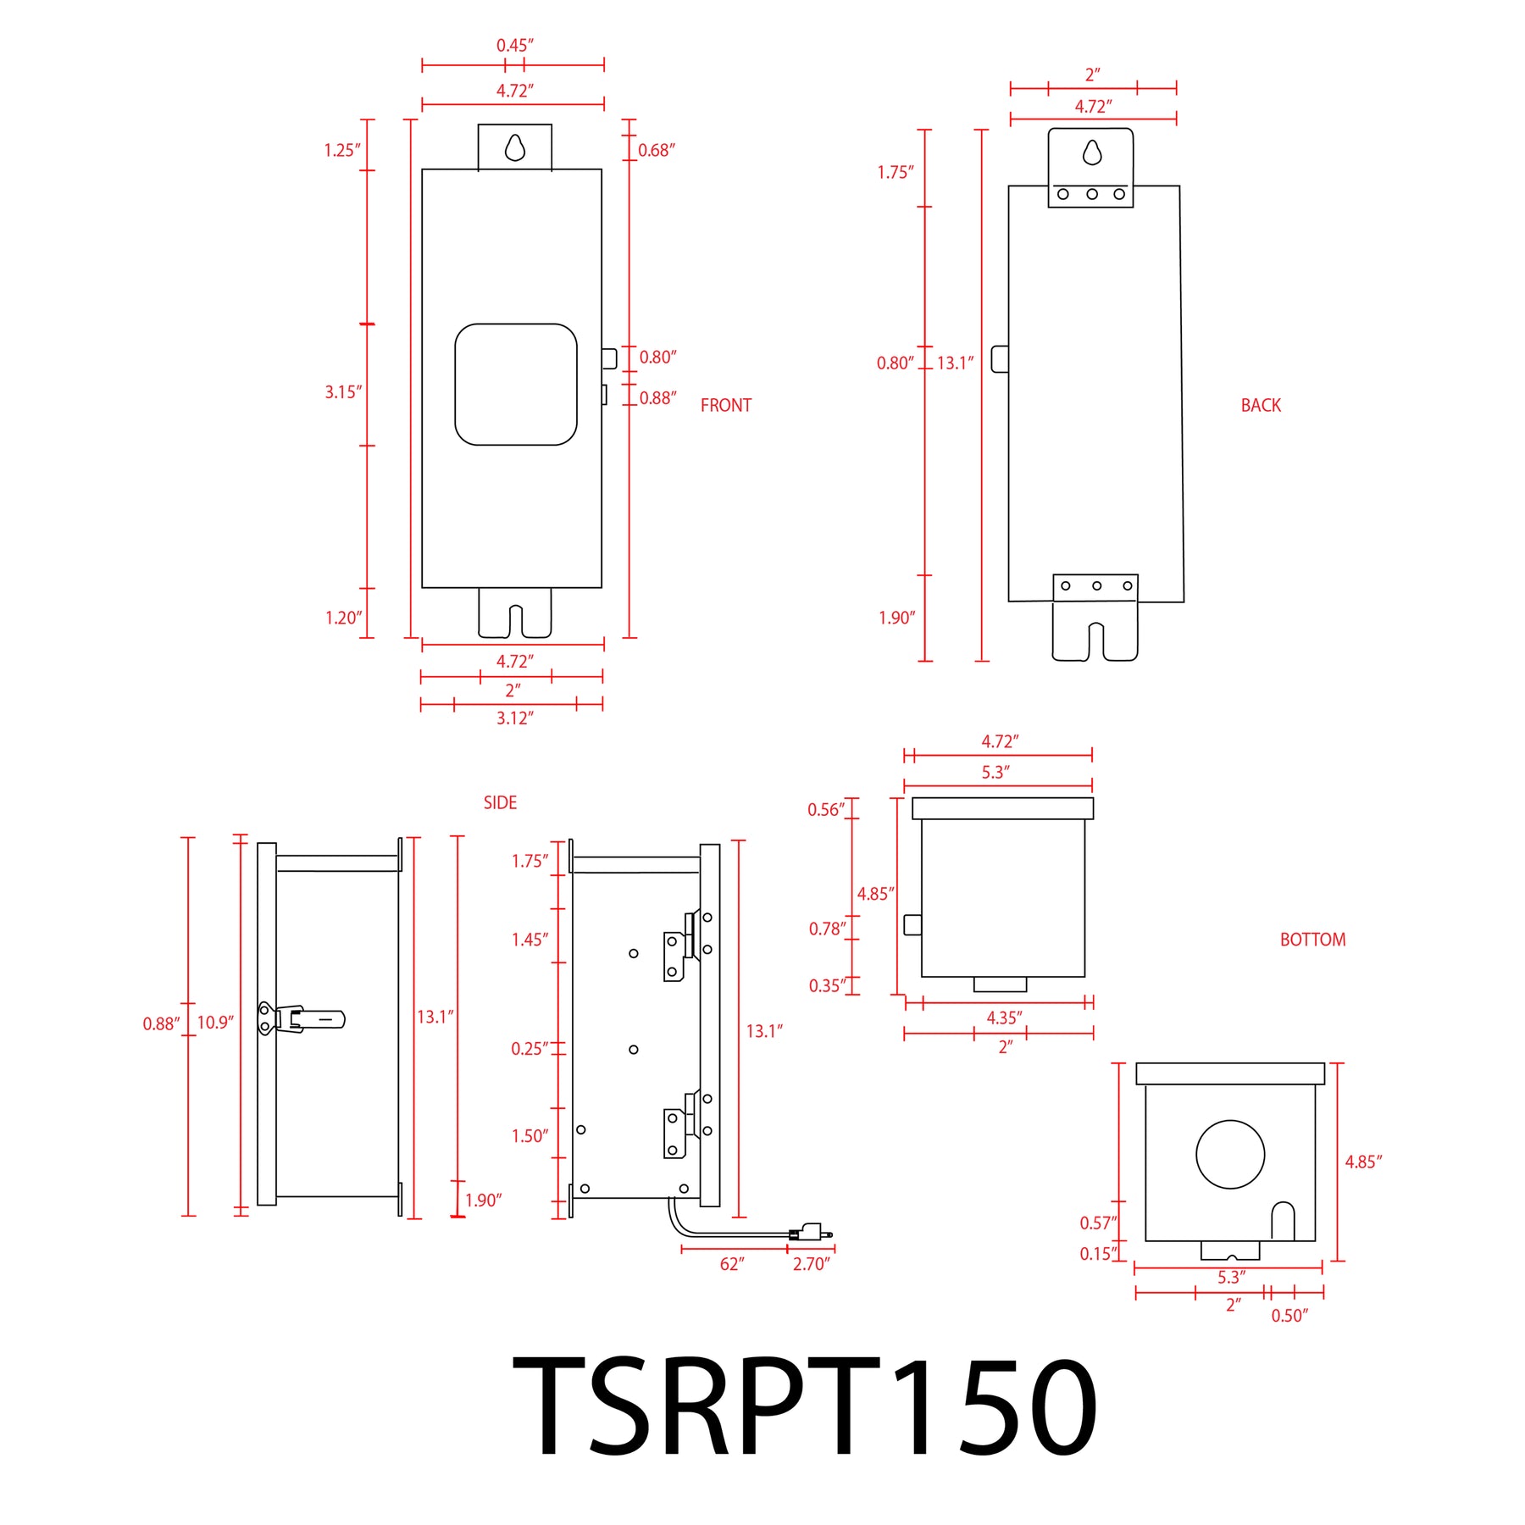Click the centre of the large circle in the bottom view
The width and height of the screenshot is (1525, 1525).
click(x=1230, y=1154)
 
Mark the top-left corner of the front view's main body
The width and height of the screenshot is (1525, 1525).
click(x=422, y=169)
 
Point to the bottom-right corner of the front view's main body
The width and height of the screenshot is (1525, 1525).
click(x=602, y=587)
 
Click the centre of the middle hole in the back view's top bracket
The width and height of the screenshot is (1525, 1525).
click(x=1092, y=194)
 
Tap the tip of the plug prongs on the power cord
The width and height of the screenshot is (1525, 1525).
click(x=832, y=1235)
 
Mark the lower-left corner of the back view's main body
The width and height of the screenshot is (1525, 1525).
click(x=1008, y=602)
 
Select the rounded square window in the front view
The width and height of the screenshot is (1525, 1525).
click(x=516, y=385)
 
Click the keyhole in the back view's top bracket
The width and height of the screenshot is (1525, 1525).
click(x=1092, y=152)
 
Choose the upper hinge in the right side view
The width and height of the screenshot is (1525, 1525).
click(x=687, y=945)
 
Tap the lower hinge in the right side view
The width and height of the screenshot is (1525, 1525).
click(x=687, y=1124)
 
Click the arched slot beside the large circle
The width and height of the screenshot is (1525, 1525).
click(x=1283, y=1222)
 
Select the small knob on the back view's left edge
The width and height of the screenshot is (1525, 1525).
click(x=1000, y=358)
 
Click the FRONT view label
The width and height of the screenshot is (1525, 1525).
click(x=726, y=406)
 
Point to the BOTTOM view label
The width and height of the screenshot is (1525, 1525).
click(x=1312, y=940)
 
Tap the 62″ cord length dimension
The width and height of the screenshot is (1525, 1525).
click(x=732, y=1264)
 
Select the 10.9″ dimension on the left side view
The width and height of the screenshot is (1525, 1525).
click(x=215, y=1023)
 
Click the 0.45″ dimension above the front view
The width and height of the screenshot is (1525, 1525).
click(x=515, y=46)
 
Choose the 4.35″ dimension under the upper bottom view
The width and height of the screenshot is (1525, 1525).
click(x=1004, y=1018)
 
